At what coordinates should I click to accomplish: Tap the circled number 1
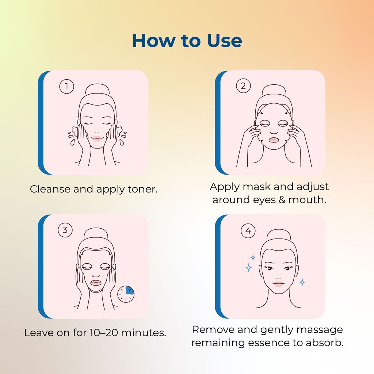coord(66,86)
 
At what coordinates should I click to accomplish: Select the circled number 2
coord(243,85)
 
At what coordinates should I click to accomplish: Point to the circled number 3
coord(65,230)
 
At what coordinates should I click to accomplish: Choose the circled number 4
coord(248,231)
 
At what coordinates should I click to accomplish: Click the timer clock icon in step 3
coord(126,294)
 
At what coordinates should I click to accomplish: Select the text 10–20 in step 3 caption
coord(103,332)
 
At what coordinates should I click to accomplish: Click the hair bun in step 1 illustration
coord(97,89)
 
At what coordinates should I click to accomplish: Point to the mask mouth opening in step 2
coord(274,140)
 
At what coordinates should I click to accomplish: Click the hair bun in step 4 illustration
coord(278,235)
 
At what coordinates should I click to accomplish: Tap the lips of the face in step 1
coord(97,139)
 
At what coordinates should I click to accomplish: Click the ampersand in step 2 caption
coord(282,200)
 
